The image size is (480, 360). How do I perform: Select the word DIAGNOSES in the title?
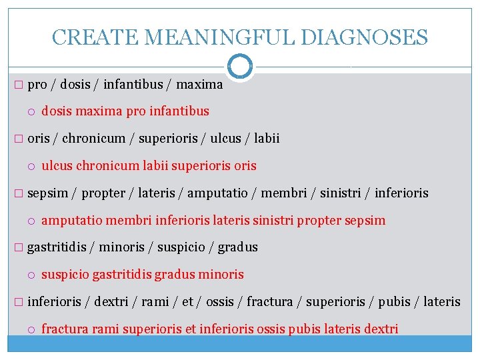364,37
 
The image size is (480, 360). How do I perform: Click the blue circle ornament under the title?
240,67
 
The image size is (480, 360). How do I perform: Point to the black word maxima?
199,85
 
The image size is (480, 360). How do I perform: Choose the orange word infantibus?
181,111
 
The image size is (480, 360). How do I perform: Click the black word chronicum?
93,139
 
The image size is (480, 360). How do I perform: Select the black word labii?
265,139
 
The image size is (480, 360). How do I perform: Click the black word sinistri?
341,193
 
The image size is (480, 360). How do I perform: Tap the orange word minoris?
221,274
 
